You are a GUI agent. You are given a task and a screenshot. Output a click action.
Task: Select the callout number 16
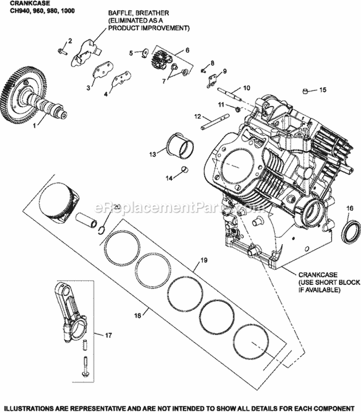[x=349, y=207]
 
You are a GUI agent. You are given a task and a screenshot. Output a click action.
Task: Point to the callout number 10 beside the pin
[x=246, y=88]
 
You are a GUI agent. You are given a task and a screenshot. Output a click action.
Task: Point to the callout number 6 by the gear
[x=187, y=50]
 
